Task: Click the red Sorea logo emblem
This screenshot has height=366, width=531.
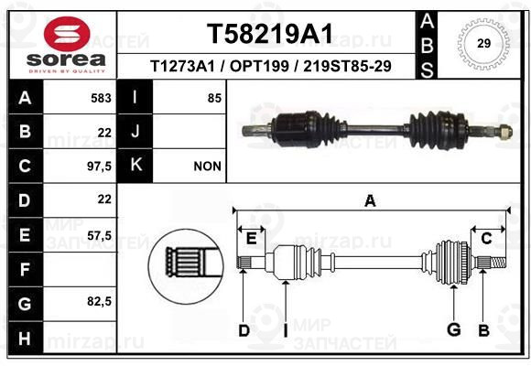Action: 67,34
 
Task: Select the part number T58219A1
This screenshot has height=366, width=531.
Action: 270,34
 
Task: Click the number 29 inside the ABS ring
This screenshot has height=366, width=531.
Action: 483,43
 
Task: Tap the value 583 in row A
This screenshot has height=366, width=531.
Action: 101,98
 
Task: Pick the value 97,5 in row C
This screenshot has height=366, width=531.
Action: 99,167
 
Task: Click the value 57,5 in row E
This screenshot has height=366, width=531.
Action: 99,235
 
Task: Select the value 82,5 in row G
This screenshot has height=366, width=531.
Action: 99,301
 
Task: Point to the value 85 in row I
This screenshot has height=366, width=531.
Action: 215,98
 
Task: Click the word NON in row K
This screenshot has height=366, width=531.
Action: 207,167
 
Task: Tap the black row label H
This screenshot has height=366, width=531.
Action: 26,338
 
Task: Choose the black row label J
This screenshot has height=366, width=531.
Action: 135,132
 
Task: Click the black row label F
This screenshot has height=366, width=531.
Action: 26,270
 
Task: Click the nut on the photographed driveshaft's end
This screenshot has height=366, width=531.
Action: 504,132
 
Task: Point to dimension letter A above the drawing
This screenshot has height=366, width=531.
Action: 370,200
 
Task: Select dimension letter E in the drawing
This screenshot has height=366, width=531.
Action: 251,239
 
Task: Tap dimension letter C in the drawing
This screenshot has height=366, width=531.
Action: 486,239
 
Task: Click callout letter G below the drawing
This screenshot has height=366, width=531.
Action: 454,329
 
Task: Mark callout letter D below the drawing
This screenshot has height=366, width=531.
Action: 244,330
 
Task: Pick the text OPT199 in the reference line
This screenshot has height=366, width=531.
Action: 259,66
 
